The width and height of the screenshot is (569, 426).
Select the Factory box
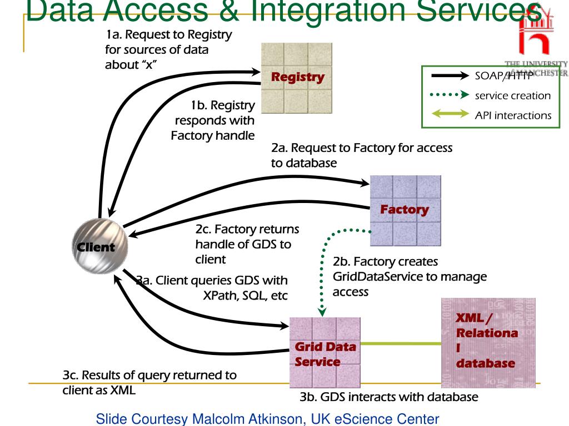[405, 211]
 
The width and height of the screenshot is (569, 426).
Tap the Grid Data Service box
[325, 353]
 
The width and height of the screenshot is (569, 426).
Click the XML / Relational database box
[488, 342]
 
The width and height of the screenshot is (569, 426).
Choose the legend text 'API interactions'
[513, 115]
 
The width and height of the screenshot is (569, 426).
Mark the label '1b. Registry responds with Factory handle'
[214, 120]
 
